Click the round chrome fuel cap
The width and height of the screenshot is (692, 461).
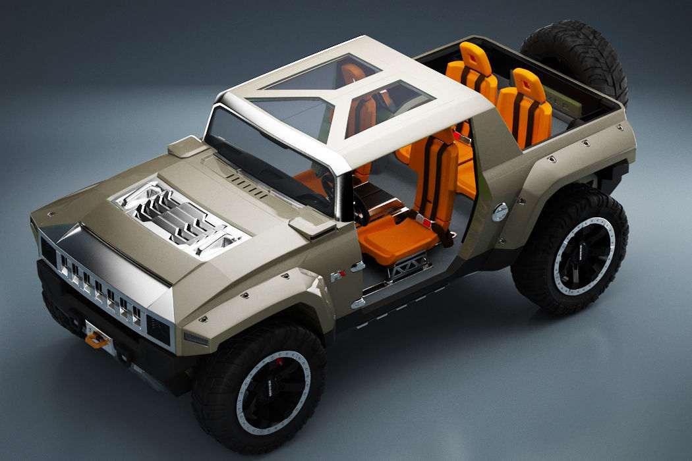(x=500, y=211)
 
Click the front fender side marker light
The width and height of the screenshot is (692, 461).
(x=196, y=339)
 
